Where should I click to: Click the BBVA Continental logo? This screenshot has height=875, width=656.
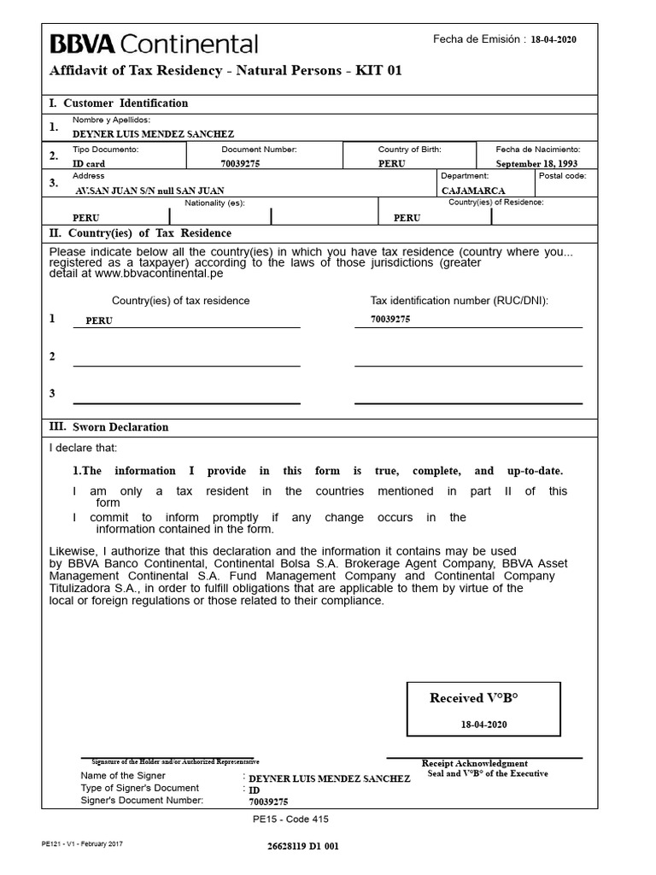[154, 44]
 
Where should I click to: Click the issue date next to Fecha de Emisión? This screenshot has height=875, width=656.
[553, 40]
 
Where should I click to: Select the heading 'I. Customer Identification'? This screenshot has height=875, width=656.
[119, 103]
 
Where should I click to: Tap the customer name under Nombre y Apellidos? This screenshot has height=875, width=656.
[153, 134]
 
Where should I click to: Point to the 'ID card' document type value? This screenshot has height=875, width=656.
[89, 163]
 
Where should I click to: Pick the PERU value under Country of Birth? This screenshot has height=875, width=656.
[392, 163]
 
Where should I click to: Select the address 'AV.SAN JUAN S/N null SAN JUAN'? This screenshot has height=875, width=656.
[151, 191]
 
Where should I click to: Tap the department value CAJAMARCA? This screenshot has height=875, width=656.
[473, 191]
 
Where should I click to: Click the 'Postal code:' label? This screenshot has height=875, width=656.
[562, 175]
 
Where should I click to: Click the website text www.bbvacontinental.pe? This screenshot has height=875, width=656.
[159, 274]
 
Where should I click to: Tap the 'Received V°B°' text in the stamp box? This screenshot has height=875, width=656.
[474, 698]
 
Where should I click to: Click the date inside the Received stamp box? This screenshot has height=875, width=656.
[483, 724]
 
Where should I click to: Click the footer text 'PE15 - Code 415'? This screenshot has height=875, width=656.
[290, 819]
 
